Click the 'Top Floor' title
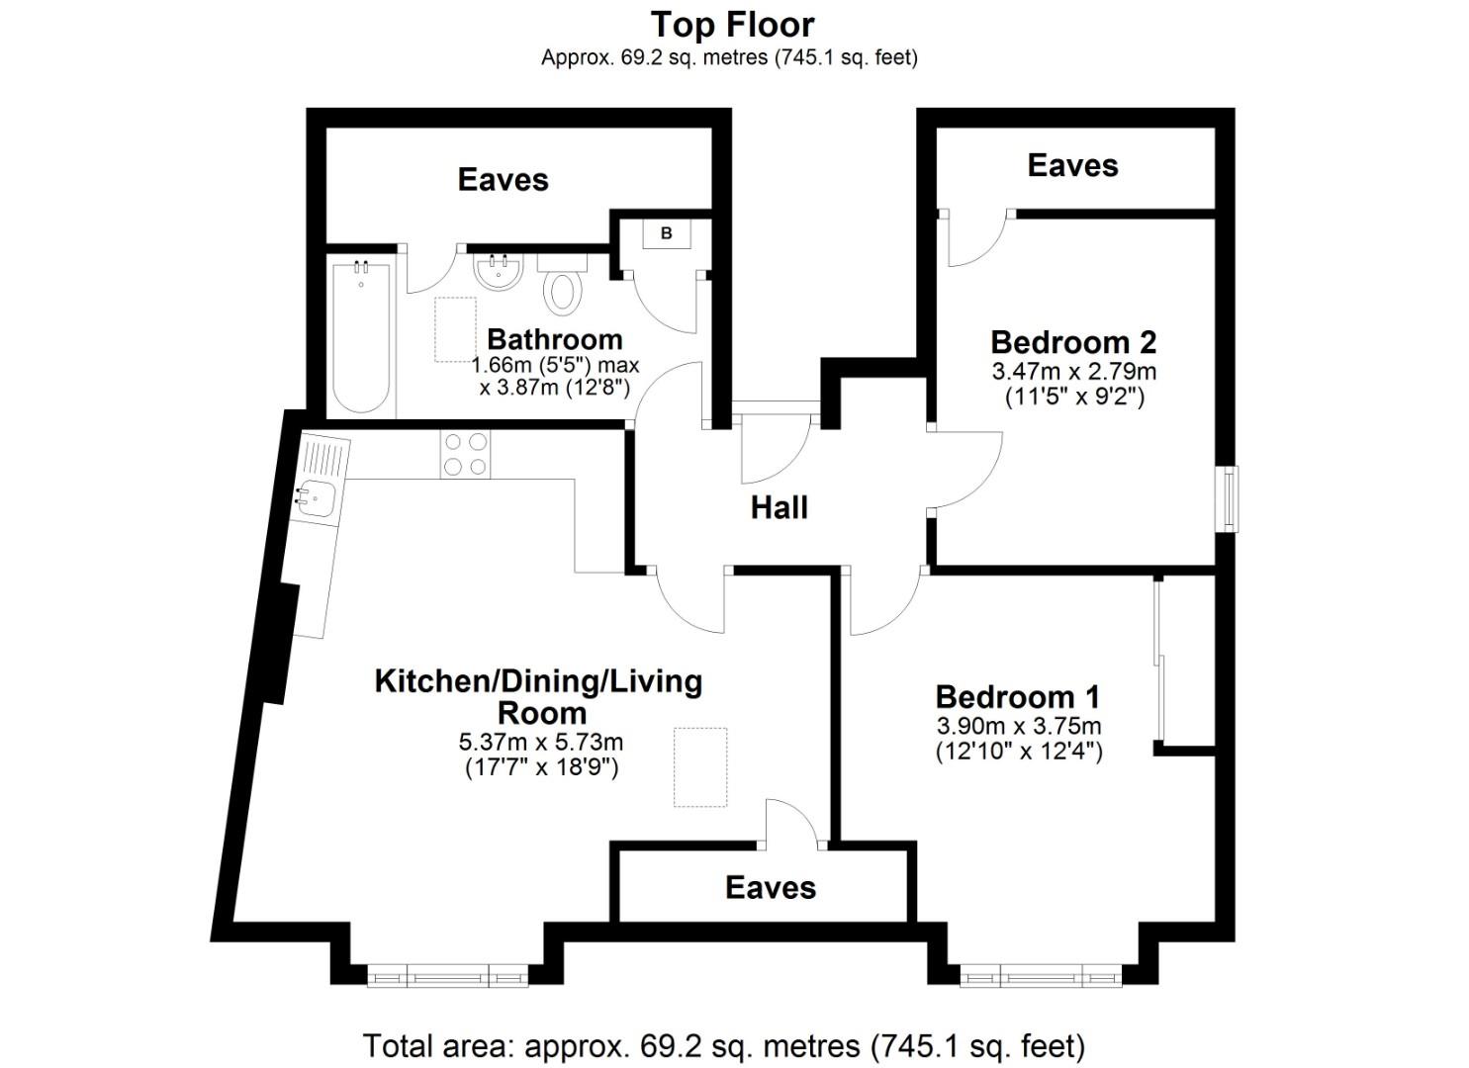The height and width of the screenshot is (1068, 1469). [733, 24]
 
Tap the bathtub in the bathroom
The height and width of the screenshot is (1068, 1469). [361, 336]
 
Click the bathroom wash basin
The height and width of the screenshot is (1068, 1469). [498, 271]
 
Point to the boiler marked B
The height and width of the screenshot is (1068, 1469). [666, 233]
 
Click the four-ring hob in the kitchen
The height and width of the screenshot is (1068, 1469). [465, 455]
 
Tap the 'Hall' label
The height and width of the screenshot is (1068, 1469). [779, 507]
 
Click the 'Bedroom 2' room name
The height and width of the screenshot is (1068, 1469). [1073, 342]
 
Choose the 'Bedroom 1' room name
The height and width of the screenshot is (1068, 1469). [1018, 696]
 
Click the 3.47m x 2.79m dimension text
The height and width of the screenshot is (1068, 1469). [1073, 372]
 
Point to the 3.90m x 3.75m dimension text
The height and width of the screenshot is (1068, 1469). [1019, 726]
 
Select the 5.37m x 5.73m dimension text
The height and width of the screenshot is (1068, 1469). [540, 742]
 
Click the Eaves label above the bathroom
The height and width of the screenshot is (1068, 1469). [503, 179]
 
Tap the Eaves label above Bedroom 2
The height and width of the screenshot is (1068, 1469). [1072, 165]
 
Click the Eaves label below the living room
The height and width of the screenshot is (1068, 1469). [771, 887]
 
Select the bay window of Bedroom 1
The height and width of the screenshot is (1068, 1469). [1040, 978]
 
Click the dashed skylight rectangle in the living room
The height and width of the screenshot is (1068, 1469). [700, 767]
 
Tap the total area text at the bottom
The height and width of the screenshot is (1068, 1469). [724, 1045]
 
